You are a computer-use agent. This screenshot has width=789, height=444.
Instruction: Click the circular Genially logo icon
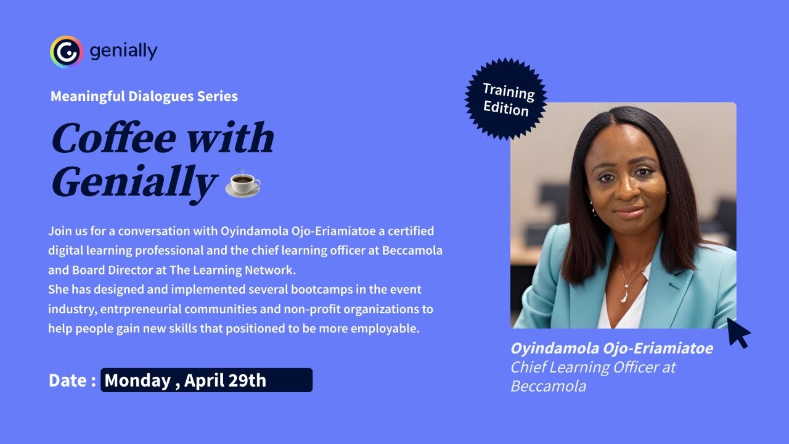[66, 52]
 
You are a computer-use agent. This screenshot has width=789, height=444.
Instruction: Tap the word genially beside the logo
[123, 51]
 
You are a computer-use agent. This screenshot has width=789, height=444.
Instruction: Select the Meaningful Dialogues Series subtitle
[144, 96]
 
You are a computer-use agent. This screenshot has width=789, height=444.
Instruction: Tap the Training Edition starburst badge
[506, 99]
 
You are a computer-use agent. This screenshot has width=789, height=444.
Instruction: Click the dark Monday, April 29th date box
[206, 380]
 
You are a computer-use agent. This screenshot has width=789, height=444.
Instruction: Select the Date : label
[72, 380]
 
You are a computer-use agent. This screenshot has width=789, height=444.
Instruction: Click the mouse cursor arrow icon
[738, 333]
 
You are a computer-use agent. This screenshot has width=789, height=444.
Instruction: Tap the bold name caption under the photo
[611, 348]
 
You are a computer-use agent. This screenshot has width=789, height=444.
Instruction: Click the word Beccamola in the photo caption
[548, 386]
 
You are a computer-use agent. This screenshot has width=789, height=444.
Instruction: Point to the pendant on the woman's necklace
[625, 297]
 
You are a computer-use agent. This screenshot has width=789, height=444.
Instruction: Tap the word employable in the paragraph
[385, 328]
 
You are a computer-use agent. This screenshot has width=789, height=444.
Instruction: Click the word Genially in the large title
[134, 183]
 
